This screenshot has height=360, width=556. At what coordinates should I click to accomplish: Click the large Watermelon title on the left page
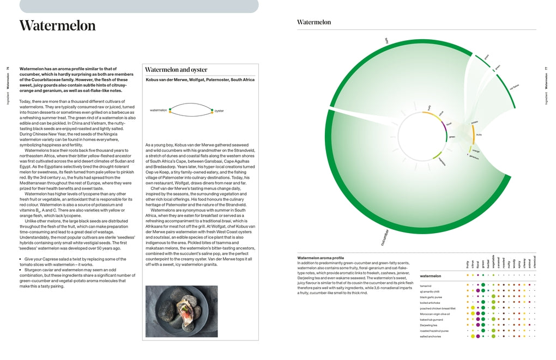coord(57,26)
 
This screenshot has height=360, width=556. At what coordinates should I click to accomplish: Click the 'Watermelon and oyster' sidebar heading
coord(176,70)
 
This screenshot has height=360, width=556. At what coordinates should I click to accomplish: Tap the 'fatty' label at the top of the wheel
coord(386,41)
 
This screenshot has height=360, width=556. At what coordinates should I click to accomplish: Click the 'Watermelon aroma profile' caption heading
coord(321,258)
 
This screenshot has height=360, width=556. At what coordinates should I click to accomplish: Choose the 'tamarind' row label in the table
coord(426,285)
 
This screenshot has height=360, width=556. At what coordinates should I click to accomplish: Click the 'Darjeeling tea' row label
coord(428,325)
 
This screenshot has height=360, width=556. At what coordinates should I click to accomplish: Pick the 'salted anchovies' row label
coord(430,336)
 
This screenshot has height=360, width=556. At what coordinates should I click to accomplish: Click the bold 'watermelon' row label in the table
coord(431,276)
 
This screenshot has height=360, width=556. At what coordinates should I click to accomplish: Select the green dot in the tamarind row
coord(483,285)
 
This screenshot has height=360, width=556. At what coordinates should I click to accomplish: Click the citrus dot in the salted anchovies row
coord(473,336)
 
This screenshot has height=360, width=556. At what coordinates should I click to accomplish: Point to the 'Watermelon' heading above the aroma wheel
coord(313,22)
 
